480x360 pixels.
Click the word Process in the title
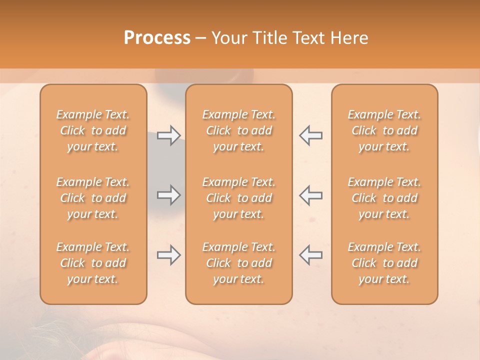pyautogui.click(x=157, y=38)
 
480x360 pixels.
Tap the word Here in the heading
pyautogui.click(x=349, y=38)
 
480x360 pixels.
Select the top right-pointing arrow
pyautogui.click(x=168, y=135)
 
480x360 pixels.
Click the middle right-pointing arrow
pyautogui.click(x=168, y=195)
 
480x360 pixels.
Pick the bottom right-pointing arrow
pyautogui.click(x=168, y=255)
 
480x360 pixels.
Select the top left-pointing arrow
pyautogui.click(x=310, y=135)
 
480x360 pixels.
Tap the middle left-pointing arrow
pyautogui.click(x=310, y=195)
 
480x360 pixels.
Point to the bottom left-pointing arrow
pyautogui.click(x=310, y=255)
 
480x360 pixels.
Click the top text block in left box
pyautogui.click(x=93, y=130)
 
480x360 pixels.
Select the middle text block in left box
pyautogui.click(x=93, y=198)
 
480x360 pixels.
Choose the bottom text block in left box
pyautogui.click(x=93, y=263)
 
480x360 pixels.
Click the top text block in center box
pyautogui.click(x=239, y=130)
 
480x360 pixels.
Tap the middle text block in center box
pyautogui.click(x=239, y=198)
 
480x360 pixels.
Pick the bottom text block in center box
pyautogui.click(x=239, y=263)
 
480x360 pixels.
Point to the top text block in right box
pyautogui.click(x=384, y=130)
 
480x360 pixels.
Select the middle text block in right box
pyautogui.click(x=384, y=198)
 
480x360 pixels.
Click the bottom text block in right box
pyautogui.click(x=384, y=263)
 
